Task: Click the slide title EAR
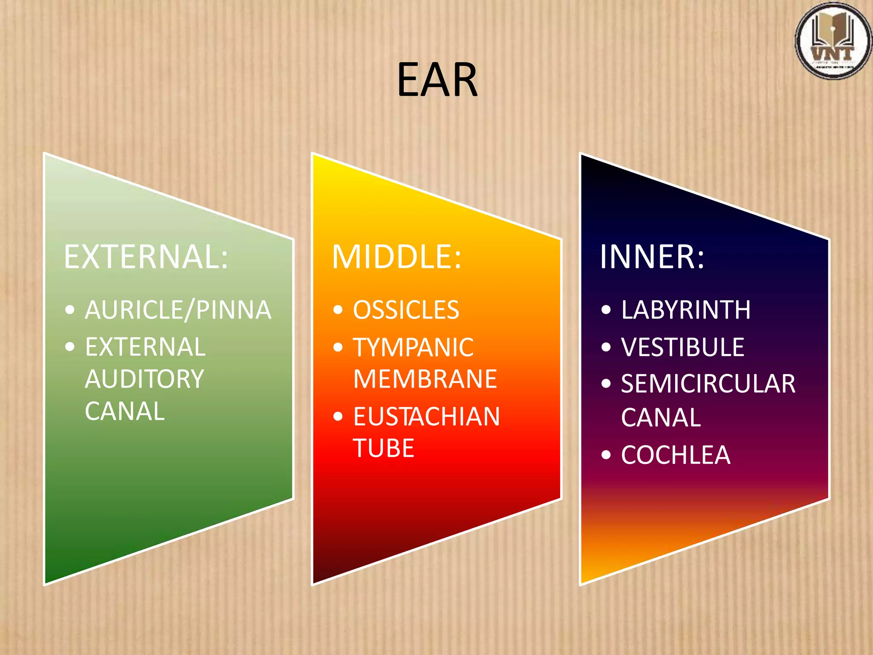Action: click(437, 80)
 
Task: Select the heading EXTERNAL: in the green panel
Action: click(146, 257)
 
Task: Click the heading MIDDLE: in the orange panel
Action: click(396, 257)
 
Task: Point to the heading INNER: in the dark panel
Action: click(652, 257)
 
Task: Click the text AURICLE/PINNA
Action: click(178, 310)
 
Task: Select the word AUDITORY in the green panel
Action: click(145, 379)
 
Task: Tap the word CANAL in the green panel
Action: click(124, 411)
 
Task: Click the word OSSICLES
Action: click(406, 310)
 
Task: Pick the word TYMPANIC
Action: click(413, 347)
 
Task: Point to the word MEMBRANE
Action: click(425, 379)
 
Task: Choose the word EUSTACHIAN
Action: click(426, 417)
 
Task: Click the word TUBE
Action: click(384, 448)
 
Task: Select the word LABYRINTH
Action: click(685, 310)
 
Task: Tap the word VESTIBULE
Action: click(682, 347)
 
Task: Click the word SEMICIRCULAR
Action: click(708, 384)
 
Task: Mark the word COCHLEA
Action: click(676, 455)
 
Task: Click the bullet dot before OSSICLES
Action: click(338, 310)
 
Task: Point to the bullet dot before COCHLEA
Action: click(606, 455)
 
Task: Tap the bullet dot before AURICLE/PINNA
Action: click(70, 310)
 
